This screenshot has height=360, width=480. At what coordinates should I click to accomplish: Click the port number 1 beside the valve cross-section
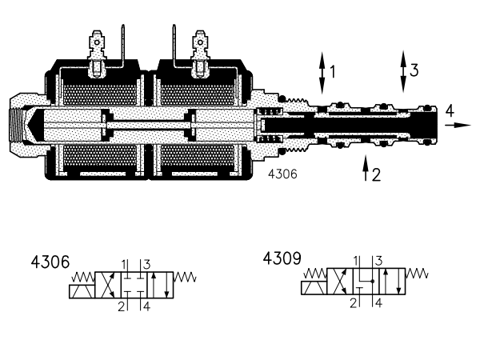[333, 72]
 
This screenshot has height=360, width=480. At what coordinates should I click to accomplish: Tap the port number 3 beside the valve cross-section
[414, 70]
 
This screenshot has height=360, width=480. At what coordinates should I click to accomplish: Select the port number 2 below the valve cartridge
[376, 174]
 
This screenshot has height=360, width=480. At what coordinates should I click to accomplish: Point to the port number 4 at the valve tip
[450, 110]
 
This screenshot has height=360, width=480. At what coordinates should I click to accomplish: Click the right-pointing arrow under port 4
[458, 125]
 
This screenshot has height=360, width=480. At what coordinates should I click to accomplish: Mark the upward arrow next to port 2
[366, 168]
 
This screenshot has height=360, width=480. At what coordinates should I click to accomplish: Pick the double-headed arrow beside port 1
[322, 73]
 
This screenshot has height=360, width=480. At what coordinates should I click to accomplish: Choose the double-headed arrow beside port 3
[403, 72]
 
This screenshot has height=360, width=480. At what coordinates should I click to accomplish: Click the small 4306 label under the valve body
[282, 174]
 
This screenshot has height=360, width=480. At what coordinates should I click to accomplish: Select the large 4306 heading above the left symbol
[50, 262]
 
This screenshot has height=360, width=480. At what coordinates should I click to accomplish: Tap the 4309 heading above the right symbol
[282, 258]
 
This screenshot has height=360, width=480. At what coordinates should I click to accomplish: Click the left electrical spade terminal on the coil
[97, 54]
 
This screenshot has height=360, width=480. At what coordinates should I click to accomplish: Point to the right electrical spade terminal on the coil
[200, 54]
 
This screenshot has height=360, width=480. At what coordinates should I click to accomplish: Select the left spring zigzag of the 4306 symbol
[83, 277]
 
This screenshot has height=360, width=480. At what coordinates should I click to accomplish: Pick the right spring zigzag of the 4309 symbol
[416, 274]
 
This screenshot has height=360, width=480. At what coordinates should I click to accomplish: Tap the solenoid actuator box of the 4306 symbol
[82, 291]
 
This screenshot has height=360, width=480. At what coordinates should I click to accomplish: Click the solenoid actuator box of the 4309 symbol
[314, 288]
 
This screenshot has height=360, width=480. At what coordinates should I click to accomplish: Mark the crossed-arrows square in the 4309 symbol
[340, 282]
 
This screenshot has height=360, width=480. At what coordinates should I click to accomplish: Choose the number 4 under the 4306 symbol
[147, 306]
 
